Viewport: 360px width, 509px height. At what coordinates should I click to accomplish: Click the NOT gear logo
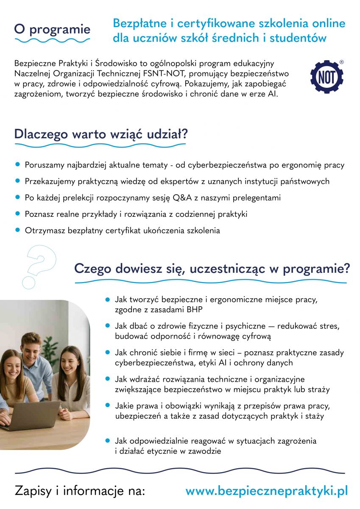[x=327, y=77]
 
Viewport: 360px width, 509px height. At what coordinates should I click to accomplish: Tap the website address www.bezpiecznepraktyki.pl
[x=267, y=491]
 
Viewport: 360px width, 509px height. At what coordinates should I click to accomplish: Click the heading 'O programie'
[x=52, y=29]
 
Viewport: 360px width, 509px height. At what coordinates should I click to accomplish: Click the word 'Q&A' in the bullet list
[x=182, y=198]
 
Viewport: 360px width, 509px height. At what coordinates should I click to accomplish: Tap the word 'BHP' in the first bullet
[x=194, y=310]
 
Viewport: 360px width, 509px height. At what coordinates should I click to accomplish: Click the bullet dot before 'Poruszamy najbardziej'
[x=17, y=165]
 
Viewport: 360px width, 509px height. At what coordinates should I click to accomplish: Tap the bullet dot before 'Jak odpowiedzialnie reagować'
[x=108, y=441]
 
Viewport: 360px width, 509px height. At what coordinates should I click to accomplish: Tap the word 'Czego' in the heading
[x=92, y=268]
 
